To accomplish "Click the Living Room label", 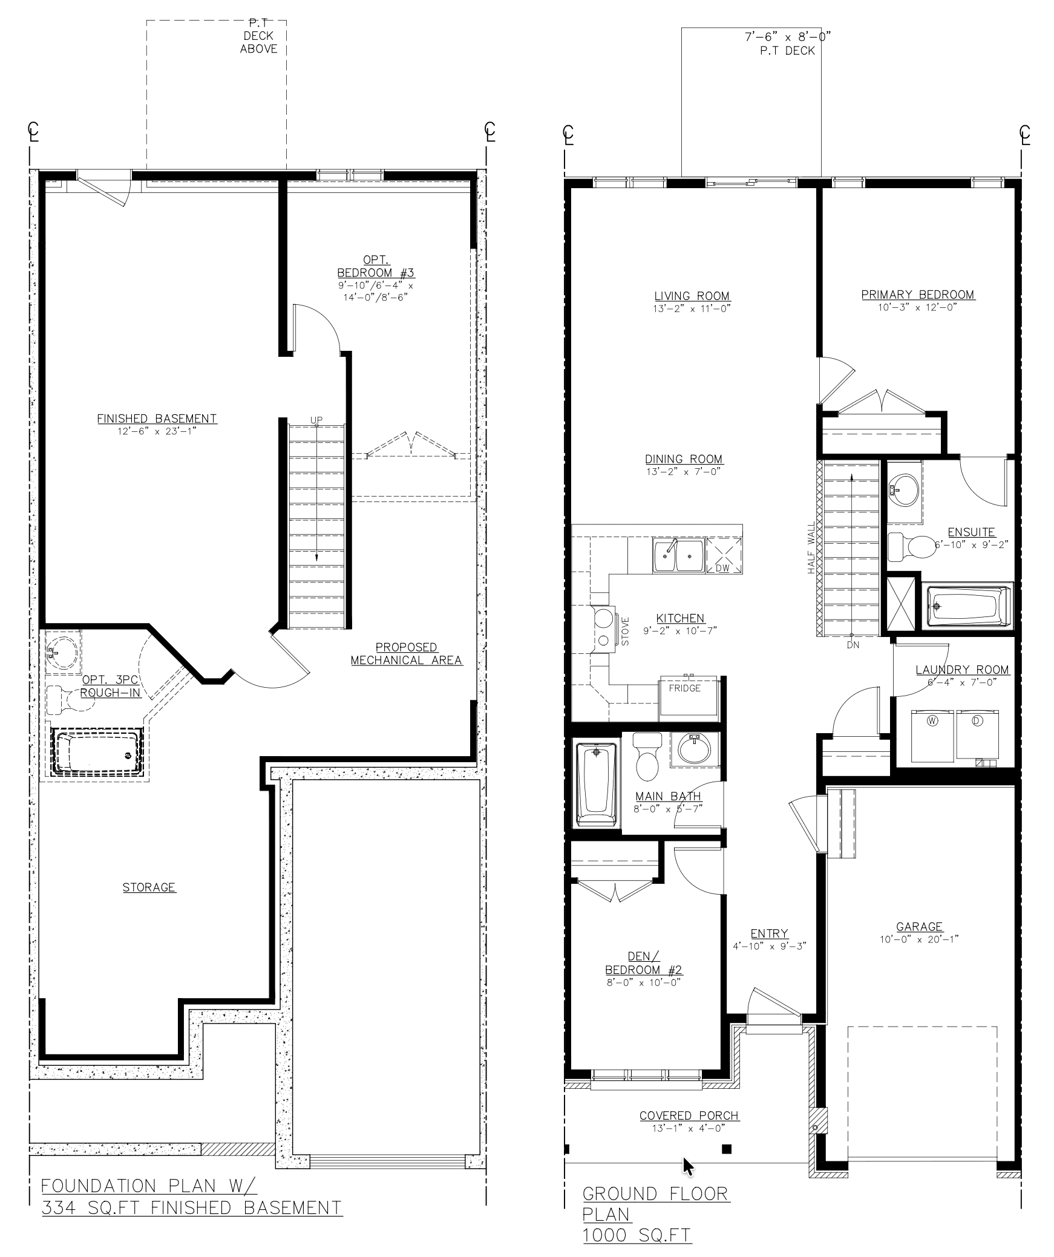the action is (692, 296).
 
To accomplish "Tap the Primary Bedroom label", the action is (918, 295).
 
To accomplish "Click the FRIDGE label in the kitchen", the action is (684, 688).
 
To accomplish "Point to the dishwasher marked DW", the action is (724, 555).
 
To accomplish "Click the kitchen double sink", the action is (678, 555).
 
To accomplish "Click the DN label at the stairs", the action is (853, 645).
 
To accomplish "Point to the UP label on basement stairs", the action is (316, 420).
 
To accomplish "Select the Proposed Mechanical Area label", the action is (407, 654).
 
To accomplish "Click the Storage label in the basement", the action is (149, 887).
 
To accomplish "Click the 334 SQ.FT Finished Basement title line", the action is (191, 1208).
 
